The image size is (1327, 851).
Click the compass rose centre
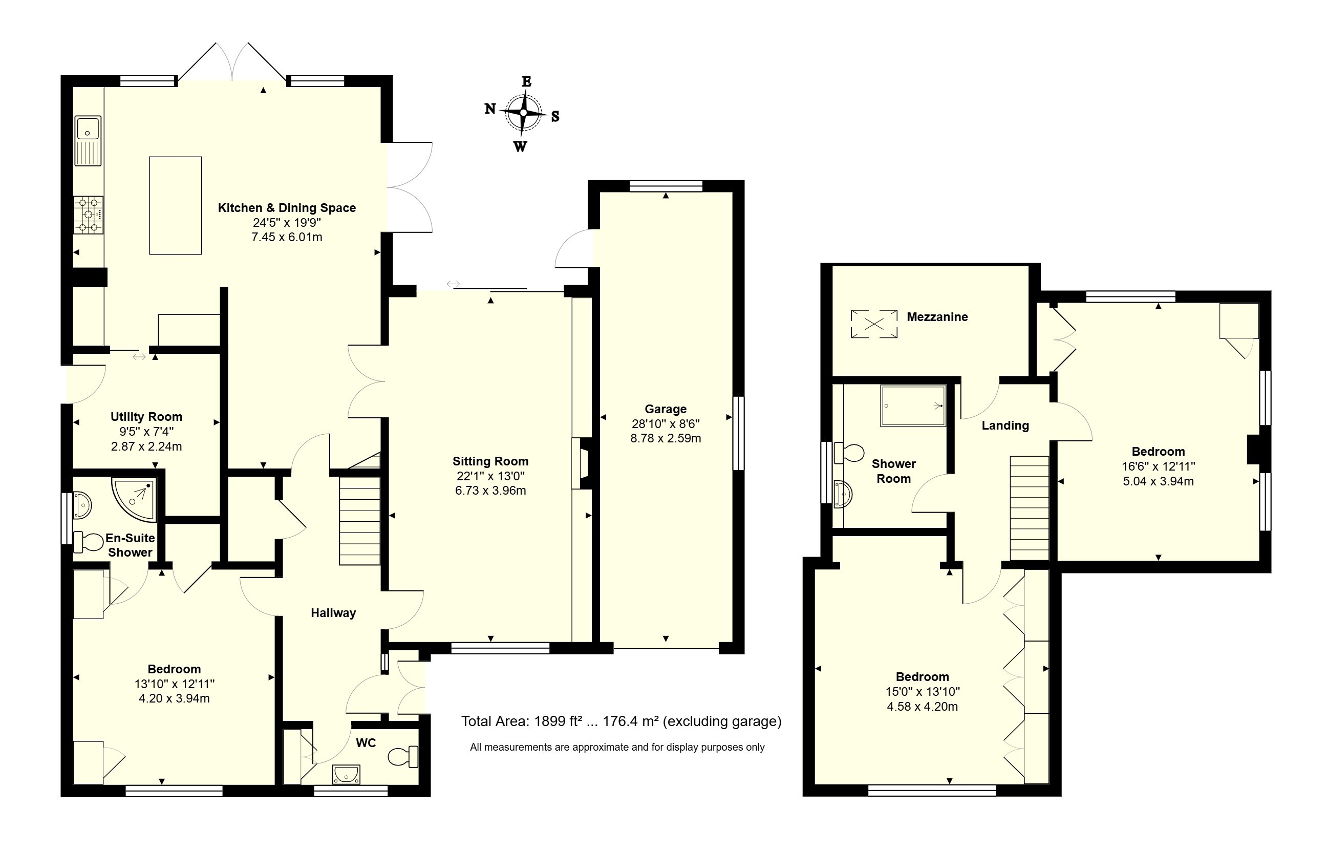tap(523, 113)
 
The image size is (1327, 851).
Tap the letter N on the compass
tap(490, 109)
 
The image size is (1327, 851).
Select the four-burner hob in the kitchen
tap(89, 215)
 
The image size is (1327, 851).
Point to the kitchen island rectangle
tap(176, 205)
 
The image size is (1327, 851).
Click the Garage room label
tap(666, 409)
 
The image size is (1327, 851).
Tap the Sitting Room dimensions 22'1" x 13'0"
tap(490, 476)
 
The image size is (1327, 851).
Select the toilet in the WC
tap(403, 756)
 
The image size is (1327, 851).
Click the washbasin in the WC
tap(347, 774)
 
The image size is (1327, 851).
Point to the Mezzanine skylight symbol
tap(873, 324)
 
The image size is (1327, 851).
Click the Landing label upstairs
tap(1005, 425)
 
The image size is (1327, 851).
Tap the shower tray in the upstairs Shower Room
tap(913, 406)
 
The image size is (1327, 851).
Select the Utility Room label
tap(146, 417)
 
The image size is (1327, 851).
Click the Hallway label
tap(333, 613)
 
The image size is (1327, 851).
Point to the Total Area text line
tap(621, 721)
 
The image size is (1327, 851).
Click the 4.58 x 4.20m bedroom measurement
tap(922, 706)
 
